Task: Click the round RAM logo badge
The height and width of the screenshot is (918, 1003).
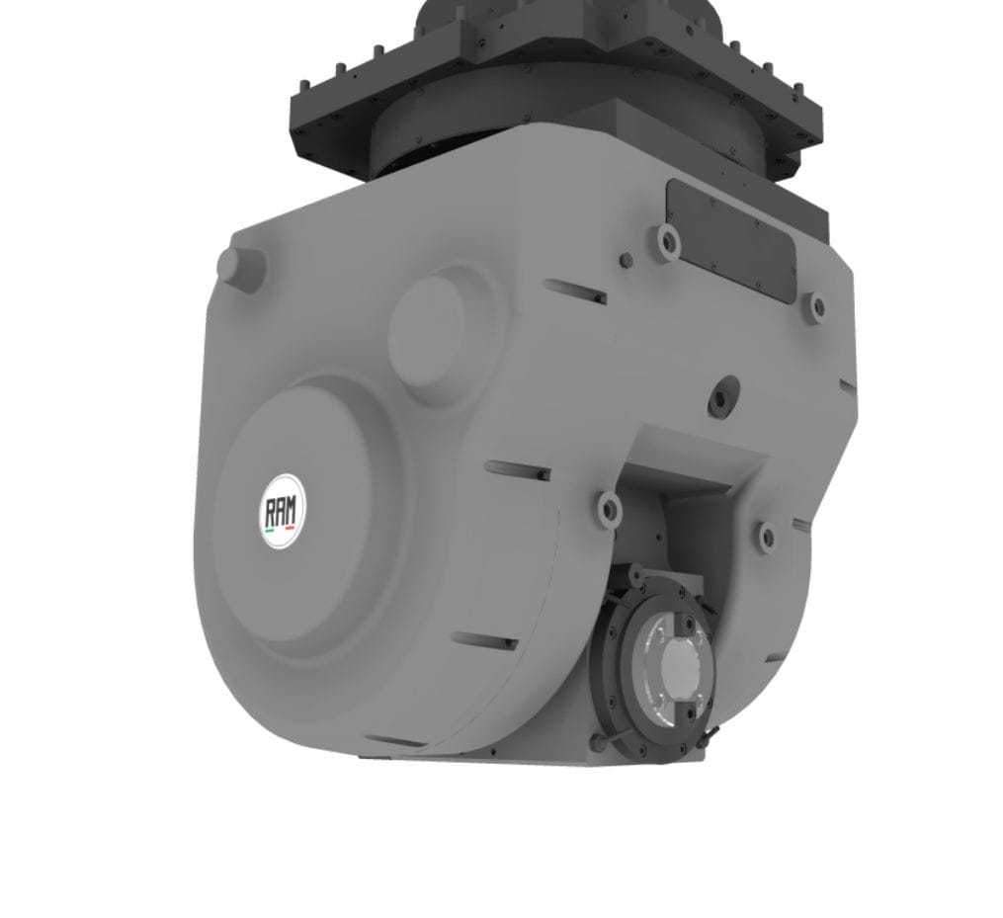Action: pos(284,511)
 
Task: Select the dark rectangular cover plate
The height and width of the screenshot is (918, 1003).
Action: pos(730,239)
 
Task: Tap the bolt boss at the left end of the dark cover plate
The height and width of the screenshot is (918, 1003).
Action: pos(668,239)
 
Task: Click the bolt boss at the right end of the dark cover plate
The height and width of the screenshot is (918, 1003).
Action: pos(816,306)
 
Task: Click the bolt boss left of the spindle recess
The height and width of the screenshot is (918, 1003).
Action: pos(609,509)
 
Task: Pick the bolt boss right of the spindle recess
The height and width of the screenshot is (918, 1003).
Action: pos(767,537)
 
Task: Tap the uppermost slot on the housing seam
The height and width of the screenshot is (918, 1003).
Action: pos(575,292)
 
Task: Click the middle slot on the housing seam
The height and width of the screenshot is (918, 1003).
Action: pos(518,471)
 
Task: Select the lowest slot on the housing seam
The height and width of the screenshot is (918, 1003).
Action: pos(484,642)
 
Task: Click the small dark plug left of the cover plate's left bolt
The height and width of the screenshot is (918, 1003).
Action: pos(626,260)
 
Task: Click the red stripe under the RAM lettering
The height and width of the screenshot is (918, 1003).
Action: pos(290,529)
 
